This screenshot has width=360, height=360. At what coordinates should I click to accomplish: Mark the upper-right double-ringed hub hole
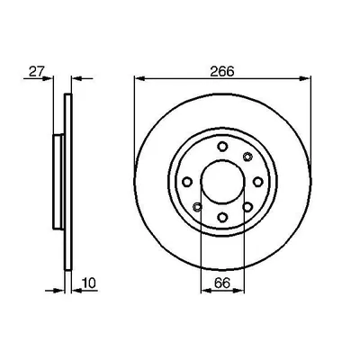[x=248, y=157]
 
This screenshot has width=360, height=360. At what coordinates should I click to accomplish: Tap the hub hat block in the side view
[x=59, y=180]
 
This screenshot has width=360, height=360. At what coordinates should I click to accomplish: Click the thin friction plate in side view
[x=68, y=180]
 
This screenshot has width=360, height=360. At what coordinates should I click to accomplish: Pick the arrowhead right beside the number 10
[x=76, y=290]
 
